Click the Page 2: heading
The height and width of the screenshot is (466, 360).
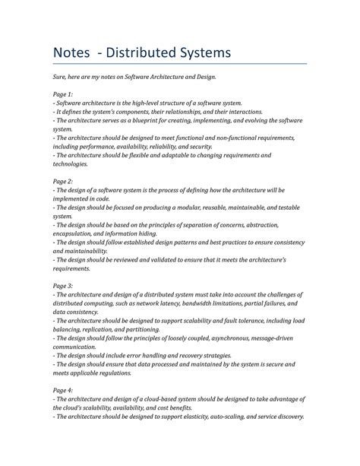point(64,182)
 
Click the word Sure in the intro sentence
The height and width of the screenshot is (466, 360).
point(60,77)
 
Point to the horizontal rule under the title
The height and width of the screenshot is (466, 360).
point(179,65)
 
